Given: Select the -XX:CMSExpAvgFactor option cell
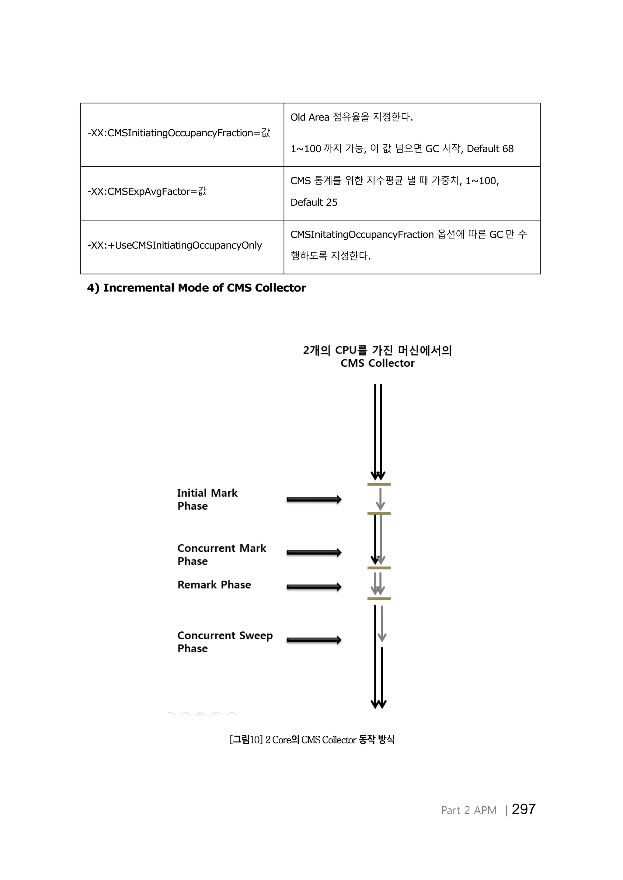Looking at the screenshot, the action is (147, 191).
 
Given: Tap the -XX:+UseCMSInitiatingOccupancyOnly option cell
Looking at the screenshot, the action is (175, 245).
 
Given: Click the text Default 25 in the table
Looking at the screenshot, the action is (314, 203).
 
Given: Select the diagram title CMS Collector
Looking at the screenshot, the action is (378, 363).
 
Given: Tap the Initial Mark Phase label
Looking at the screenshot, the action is (207, 499).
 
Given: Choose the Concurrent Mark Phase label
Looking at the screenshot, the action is (221, 554).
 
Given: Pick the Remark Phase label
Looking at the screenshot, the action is (214, 585).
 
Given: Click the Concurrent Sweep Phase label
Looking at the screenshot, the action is (225, 642).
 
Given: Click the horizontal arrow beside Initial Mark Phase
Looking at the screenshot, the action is (314, 499).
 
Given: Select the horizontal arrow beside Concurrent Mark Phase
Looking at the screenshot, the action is (314, 553).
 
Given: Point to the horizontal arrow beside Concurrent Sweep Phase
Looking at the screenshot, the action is (314, 640).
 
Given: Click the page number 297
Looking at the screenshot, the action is (523, 809).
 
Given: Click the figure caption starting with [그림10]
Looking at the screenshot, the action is (311, 739).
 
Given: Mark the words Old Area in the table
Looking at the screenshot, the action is (310, 117).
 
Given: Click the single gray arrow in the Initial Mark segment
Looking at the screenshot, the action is (380, 499).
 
